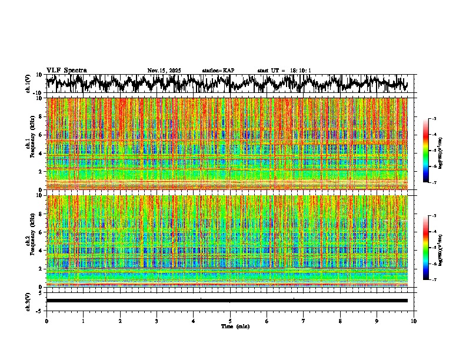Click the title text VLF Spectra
click(x=66, y=71)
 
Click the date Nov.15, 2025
click(x=164, y=71)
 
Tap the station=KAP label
click(x=218, y=71)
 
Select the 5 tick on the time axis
click(x=230, y=321)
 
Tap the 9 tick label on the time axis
click(x=377, y=321)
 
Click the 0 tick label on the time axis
click(x=46, y=321)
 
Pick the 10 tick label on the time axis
click(x=414, y=321)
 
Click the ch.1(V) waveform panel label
click(x=28, y=84)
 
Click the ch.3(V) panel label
click(x=28, y=301)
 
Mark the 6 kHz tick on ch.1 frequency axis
click(x=41, y=135)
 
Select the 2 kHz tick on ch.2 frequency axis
click(x=41, y=268)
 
